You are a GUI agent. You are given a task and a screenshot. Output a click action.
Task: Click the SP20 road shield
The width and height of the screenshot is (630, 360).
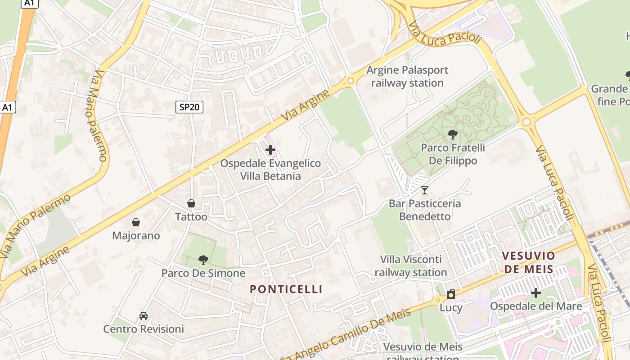189,107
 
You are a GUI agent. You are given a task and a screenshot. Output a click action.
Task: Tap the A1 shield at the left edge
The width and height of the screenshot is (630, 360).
8,107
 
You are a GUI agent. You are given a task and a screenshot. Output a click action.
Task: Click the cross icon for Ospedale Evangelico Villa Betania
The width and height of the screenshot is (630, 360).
270,150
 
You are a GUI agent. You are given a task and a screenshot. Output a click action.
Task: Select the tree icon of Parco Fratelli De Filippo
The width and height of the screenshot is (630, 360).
453,134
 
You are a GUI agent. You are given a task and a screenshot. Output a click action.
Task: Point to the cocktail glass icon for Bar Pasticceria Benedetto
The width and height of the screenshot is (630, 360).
424,190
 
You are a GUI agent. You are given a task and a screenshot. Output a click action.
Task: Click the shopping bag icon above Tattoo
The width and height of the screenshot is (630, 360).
191,203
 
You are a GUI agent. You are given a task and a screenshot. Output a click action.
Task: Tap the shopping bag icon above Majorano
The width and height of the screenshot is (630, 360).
136,222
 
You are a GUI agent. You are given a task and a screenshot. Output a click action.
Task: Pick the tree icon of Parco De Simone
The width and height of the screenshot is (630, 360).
203,260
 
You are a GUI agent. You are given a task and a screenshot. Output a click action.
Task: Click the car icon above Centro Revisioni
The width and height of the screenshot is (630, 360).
144,316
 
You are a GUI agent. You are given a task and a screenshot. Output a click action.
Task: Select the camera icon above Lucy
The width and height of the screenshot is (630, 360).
451,295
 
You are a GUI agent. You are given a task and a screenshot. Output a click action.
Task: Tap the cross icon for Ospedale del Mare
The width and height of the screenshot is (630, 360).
535,293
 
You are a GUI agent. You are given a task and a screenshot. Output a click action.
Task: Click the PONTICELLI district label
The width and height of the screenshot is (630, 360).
286,289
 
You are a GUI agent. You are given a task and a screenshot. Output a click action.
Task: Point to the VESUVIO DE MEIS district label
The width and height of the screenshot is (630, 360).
528,262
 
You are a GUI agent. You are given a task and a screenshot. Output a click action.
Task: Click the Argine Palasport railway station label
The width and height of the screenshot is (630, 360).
407,76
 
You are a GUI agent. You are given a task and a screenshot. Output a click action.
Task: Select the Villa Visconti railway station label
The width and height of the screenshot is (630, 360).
410,266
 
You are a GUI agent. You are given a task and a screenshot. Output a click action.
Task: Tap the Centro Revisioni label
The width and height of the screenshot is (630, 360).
144,329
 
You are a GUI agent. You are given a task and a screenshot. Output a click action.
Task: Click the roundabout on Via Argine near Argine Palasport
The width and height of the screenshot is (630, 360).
350,81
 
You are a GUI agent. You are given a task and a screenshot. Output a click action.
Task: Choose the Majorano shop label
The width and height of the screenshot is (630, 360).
136,235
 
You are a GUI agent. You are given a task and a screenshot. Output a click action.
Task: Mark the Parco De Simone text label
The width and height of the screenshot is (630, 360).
203,273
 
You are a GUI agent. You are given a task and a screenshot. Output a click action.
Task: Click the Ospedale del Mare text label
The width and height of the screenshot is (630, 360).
535,306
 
